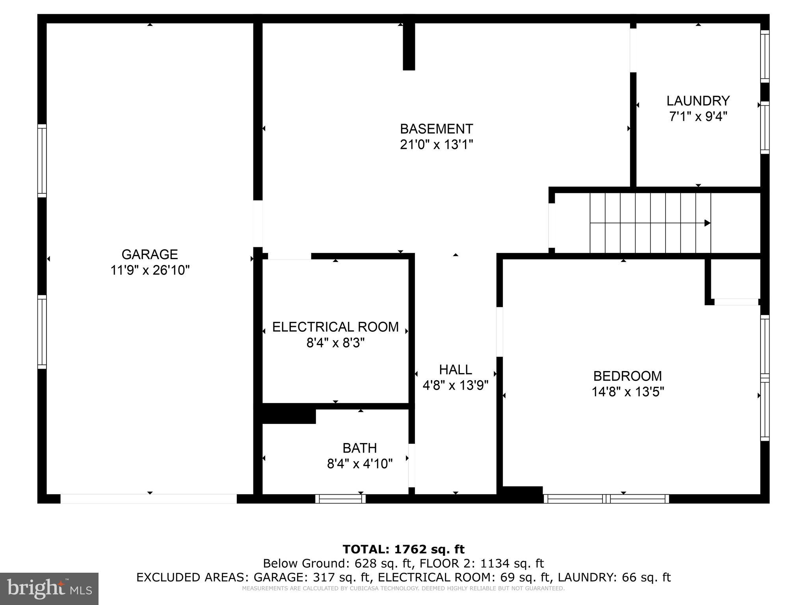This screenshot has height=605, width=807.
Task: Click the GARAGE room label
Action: (149, 254)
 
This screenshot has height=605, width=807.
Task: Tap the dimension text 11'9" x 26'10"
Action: (150, 271)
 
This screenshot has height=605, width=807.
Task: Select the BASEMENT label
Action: (436, 129)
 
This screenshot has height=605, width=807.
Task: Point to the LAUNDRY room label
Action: (698, 101)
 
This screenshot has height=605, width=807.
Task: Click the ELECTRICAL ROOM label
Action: (335, 327)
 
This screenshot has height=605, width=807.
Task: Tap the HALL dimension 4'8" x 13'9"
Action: (456, 385)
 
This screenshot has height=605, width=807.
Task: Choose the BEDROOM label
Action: (627, 376)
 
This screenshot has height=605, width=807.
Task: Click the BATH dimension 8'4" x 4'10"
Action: (360, 464)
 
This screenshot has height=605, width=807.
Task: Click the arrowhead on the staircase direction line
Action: (707, 223)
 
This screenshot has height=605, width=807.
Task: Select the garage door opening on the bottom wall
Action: (149, 499)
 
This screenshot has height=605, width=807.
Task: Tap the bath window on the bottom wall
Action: (340, 499)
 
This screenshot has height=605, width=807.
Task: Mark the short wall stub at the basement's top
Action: (409, 46)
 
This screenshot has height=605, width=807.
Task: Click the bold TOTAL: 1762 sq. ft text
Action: (403, 549)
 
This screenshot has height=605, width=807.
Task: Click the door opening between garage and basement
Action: (258, 224)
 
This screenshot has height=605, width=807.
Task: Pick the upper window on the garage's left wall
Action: (42, 161)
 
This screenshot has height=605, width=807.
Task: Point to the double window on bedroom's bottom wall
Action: (606, 499)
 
